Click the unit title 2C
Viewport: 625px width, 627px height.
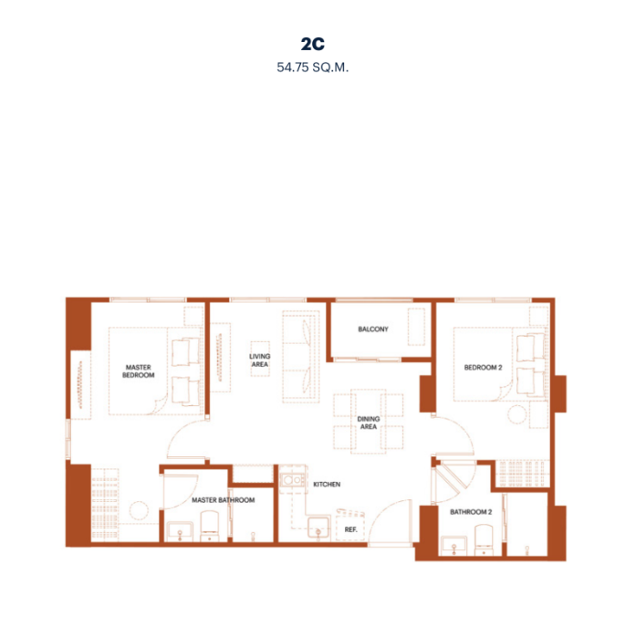[313, 44]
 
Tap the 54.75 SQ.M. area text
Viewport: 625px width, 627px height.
[313, 68]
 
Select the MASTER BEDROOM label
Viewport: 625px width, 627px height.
[139, 371]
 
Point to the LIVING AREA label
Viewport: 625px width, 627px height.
[260, 361]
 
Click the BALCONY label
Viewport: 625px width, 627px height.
[373, 329]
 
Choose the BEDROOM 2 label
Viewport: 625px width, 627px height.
[483, 368]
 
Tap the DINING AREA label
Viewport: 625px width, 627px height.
[369, 423]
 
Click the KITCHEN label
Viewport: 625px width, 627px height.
[327, 485]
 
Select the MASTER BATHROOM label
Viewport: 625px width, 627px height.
[224, 500]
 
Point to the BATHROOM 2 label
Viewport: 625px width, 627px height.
[471, 512]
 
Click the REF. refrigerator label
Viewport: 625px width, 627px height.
[350, 529]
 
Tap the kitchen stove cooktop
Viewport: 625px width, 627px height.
[292, 479]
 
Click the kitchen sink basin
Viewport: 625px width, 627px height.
[318, 528]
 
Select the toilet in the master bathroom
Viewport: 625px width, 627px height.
[210, 526]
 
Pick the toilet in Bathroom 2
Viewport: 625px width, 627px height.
[484, 539]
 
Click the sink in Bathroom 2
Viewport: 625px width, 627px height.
[453, 546]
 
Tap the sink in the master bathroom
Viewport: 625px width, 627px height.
[180, 531]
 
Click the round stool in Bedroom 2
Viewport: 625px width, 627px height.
[516, 414]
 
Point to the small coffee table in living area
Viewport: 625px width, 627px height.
[260, 359]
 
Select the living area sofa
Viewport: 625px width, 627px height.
[301, 356]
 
